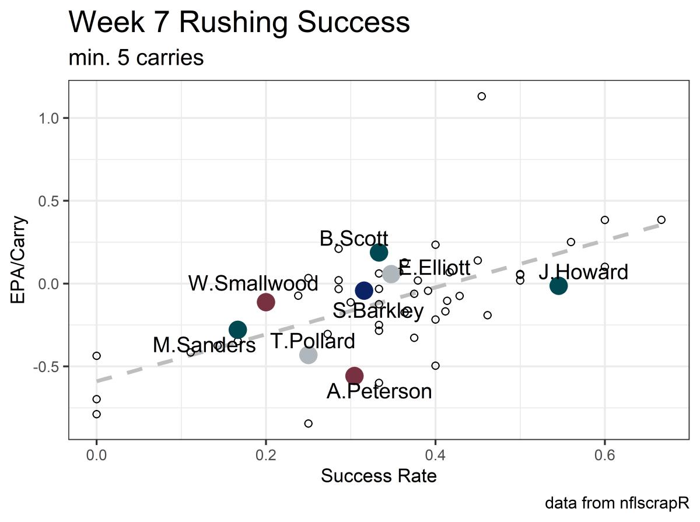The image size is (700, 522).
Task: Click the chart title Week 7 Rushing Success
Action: [x=239, y=23]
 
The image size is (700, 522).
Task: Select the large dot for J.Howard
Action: [x=558, y=286]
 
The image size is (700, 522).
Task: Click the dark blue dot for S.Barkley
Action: [x=363, y=290]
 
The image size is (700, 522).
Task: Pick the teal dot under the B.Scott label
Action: [x=379, y=253]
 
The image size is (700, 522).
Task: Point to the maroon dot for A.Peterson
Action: [x=354, y=376]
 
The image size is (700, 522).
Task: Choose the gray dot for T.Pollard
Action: [x=308, y=355]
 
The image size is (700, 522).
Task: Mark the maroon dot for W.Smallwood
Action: [x=266, y=302]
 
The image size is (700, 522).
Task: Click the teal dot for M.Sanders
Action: [x=237, y=330]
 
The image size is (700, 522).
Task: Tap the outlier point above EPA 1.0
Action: [x=481, y=96]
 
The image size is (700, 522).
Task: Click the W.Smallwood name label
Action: [x=253, y=284]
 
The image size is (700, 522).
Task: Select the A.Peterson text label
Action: [x=379, y=391]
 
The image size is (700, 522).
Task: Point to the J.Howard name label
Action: [x=583, y=272]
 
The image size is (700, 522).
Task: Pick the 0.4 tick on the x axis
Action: [x=435, y=453]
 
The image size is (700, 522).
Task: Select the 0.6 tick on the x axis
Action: [x=604, y=453]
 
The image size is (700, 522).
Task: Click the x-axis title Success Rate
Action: [x=379, y=477]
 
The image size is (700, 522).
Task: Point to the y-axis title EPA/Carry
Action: [x=20, y=260]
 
